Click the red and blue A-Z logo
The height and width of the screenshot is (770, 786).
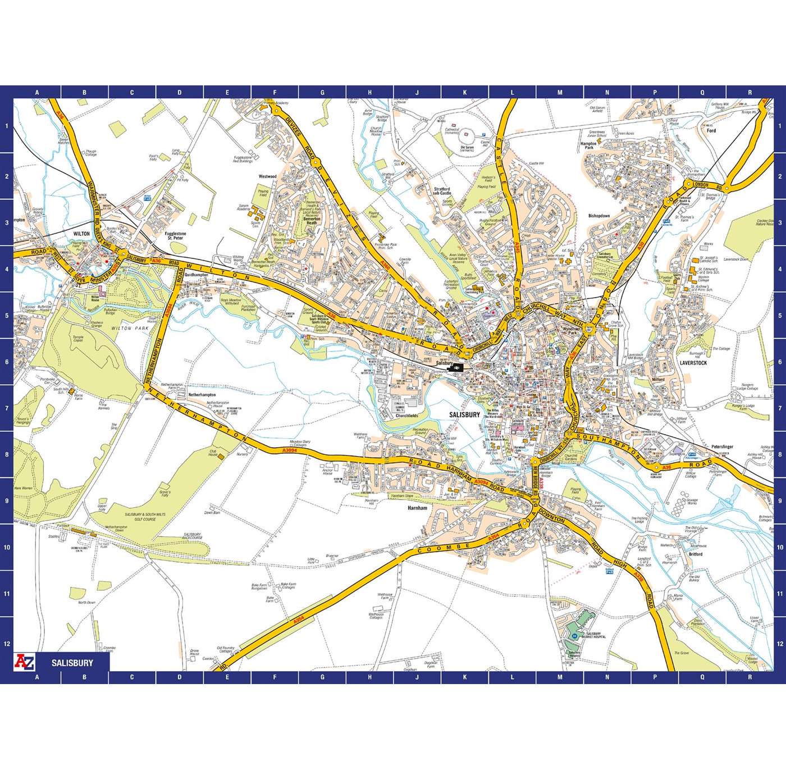point(26,662)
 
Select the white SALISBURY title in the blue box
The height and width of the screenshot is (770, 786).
point(72,663)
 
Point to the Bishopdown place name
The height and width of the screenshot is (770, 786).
point(598,216)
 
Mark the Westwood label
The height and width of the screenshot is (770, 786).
point(267,176)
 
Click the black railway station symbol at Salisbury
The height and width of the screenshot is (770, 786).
point(458,367)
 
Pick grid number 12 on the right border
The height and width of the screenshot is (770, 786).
point(780,644)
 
